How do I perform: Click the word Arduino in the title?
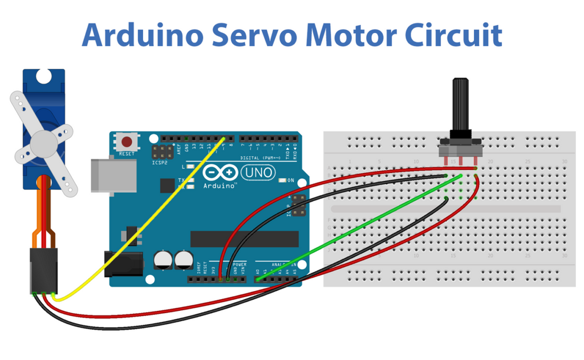[143, 35]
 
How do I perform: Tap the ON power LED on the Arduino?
[283, 180]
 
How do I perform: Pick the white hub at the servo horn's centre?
[44, 141]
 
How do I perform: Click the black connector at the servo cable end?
[43, 271]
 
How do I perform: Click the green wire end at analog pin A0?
[257, 279]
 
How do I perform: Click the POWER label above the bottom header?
[239, 265]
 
